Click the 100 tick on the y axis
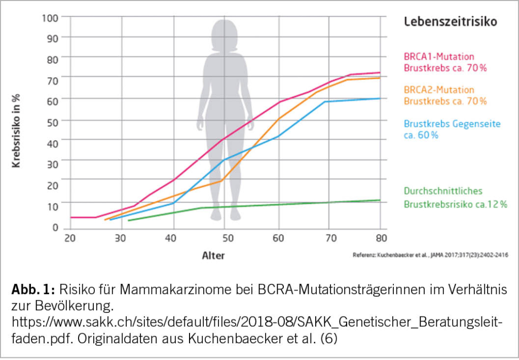(52, 17)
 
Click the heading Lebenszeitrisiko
(450, 22)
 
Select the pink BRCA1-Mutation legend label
(439, 56)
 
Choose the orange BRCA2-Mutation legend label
(439, 90)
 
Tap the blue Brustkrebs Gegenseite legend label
(452, 124)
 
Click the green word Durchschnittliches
(443, 191)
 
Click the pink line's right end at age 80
(380, 73)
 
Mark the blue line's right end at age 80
(380, 98)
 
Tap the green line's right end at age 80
(380, 200)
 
